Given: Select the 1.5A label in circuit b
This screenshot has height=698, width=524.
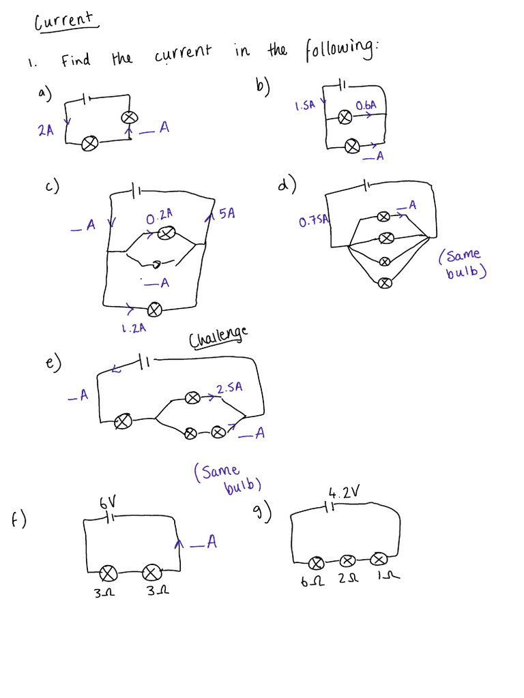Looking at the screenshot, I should (x=304, y=106).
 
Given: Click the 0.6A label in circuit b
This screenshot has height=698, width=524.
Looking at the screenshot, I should (x=366, y=106).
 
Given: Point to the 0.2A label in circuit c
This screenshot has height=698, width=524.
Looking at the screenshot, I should (x=159, y=216).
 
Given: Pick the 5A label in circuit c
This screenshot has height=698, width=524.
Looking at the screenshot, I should (x=227, y=214).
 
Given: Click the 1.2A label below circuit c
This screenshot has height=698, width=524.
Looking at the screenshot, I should (x=134, y=328).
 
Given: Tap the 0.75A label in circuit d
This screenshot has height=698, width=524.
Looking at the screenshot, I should (x=314, y=221).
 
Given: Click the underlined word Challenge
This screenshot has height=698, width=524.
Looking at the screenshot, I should (x=218, y=336).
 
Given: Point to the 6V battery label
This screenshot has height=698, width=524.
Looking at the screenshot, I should (x=108, y=503).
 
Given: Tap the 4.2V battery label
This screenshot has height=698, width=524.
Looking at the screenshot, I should (x=343, y=492).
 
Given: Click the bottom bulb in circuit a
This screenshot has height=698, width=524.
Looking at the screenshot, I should (x=89, y=144).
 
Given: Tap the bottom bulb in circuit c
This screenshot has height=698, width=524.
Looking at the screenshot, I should (x=155, y=309).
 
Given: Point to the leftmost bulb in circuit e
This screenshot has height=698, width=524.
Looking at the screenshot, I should (x=123, y=422).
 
